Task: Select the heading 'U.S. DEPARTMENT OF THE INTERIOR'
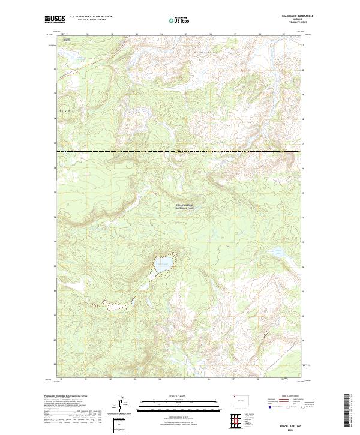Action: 91,16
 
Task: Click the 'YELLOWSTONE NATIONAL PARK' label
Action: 185,206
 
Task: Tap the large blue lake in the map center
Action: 163,263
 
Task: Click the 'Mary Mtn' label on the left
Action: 67,110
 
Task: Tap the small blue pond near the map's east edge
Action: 277,252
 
